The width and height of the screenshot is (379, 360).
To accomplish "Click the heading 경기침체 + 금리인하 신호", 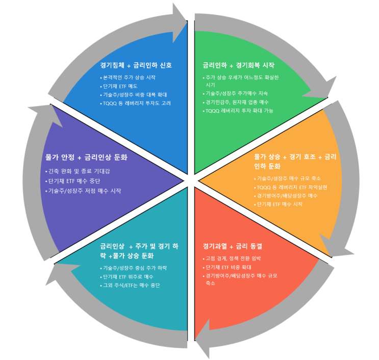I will coord(136,65).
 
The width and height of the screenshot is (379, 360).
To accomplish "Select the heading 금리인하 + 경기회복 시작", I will coord(238,65).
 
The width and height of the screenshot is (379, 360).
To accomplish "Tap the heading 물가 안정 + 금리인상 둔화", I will coord(86,157).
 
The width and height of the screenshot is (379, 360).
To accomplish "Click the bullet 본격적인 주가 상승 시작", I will coord(129,78).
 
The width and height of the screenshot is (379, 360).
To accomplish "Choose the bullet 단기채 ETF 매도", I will coord(120,86).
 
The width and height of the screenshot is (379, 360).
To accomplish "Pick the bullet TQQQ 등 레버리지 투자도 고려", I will coord(137,103).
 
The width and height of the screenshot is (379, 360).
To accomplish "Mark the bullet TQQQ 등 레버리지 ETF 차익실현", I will coord(292,187).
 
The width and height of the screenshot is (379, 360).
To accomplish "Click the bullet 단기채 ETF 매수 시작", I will coord(280,204).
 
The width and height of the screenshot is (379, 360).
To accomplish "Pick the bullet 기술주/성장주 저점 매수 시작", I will coord(85,191).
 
